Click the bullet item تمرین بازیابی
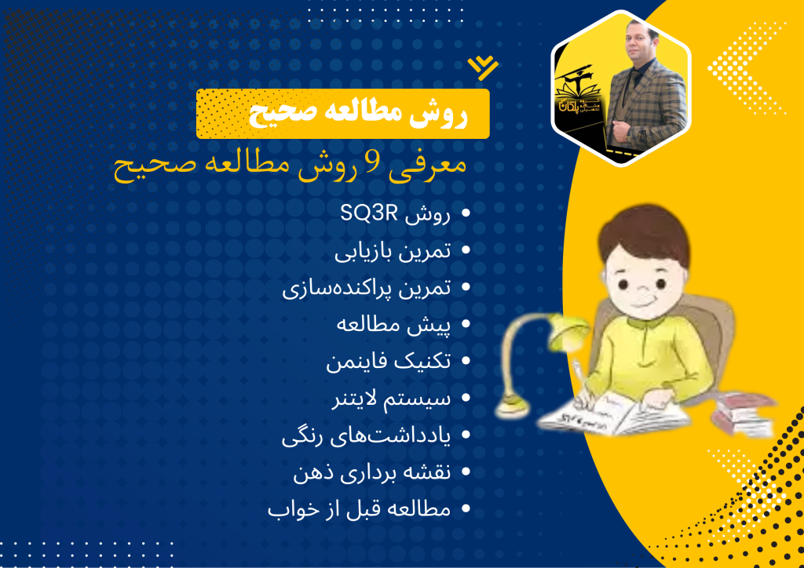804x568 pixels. (393, 251)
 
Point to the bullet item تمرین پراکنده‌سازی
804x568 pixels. (367, 288)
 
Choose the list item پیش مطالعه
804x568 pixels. (394, 326)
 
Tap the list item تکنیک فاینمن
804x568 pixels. (389, 362)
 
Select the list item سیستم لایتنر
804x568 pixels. (391, 399)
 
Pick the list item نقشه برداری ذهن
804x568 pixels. (372, 472)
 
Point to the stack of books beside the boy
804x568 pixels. (743, 413)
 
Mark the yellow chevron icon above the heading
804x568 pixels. (483, 67)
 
